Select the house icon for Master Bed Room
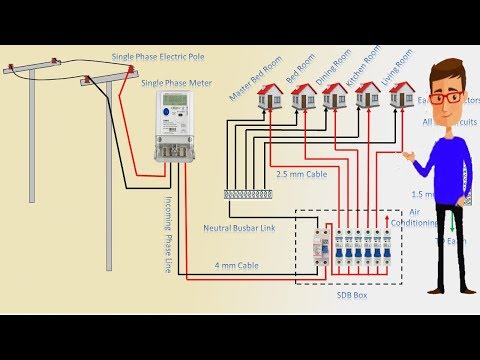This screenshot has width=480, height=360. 268,96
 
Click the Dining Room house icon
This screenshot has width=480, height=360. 335,96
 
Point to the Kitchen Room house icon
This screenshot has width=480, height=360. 368,96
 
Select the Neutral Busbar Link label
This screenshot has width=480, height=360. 240,228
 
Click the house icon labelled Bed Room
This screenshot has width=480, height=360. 301,96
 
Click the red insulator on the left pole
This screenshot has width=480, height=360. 12,71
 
